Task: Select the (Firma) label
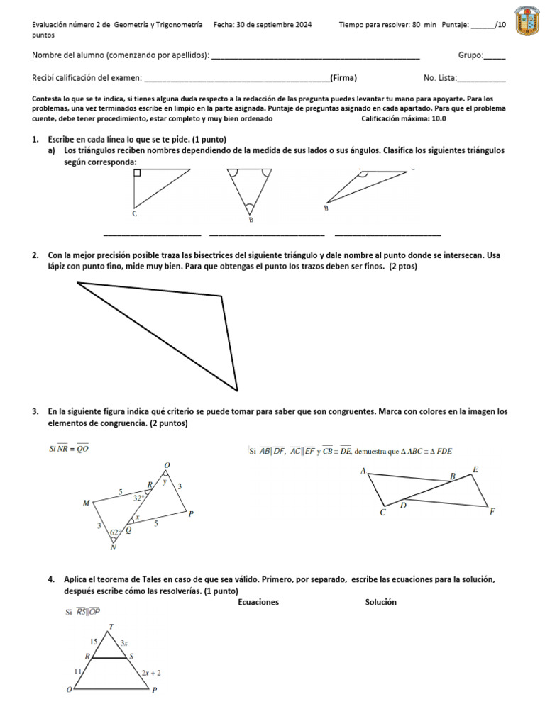(x=343, y=78)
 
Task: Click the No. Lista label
(x=440, y=79)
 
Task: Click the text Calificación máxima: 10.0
(x=404, y=118)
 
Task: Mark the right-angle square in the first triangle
(x=137, y=172)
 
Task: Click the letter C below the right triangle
(x=134, y=213)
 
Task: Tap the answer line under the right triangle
(x=152, y=235)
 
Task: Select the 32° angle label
(x=140, y=498)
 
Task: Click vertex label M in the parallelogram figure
(x=86, y=503)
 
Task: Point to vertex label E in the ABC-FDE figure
(x=475, y=469)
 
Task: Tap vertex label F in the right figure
(x=492, y=510)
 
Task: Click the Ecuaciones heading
(x=258, y=602)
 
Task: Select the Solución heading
(x=380, y=602)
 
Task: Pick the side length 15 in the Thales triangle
(x=93, y=641)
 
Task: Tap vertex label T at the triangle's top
(x=111, y=626)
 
